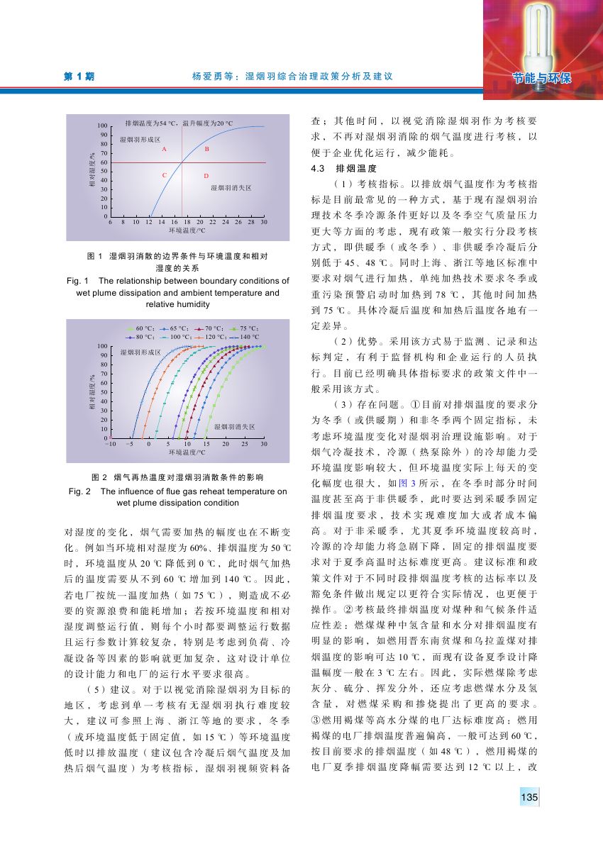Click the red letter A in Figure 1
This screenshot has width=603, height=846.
click(164, 150)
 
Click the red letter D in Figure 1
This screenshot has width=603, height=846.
click(206, 175)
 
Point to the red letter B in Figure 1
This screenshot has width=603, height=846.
click(206, 150)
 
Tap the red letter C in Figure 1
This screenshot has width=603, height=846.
click(164, 174)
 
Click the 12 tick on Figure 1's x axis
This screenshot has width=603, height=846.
click(150, 223)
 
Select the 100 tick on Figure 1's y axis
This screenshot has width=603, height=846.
click(102, 126)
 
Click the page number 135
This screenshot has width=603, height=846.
click(529, 798)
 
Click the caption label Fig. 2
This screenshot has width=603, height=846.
click(79, 491)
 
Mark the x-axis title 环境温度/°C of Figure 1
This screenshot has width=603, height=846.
click(187, 230)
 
